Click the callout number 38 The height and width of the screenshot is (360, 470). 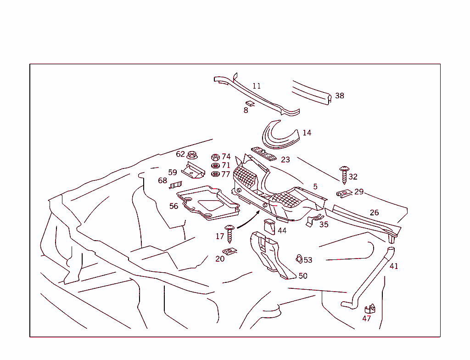pos(339,96)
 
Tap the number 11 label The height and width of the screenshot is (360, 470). pos(257,86)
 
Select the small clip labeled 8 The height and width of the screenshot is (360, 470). pos(250,104)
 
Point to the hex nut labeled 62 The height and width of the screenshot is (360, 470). pos(193,155)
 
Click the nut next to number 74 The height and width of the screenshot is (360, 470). pos(215,157)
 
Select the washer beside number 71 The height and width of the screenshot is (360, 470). pos(215,165)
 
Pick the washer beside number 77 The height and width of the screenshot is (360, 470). pos(215,174)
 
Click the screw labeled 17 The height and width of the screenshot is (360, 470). pos(230,234)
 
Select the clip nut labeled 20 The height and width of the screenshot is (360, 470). pos(229,251)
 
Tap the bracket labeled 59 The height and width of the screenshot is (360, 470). pos(193,170)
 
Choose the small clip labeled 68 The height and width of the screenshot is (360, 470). pos(173,186)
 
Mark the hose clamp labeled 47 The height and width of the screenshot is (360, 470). pos(370,309)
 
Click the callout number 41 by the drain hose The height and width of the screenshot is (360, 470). pos(394,266)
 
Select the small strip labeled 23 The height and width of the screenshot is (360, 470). pos(263,153)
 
